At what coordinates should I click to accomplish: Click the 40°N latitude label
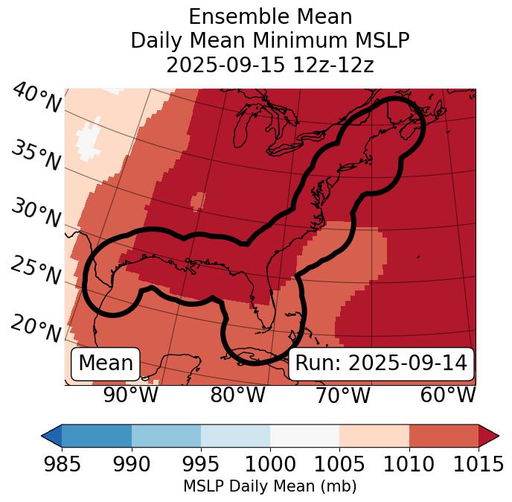(36, 98)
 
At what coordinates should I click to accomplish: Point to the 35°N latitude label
(36, 156)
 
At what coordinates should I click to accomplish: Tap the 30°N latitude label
(36, 213)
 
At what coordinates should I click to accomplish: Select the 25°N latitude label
(36, 270)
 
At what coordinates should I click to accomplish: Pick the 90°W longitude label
(130, 395)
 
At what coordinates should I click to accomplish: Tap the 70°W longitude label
(342, 395)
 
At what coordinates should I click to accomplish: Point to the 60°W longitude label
(448, 395)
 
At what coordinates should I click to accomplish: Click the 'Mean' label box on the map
(106, 363)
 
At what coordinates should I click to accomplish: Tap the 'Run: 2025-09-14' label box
(381, 363)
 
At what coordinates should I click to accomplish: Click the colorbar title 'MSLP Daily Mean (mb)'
(269, 486)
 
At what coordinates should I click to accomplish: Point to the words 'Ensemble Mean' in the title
(269, 16)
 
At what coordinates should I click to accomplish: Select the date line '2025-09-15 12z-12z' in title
(269, 65)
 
